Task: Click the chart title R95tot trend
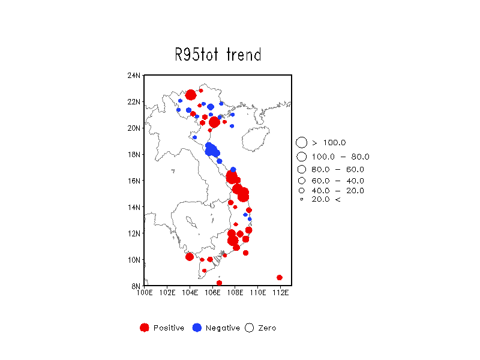pyautogui.click(x=218, y=55)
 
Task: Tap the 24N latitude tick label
pyautogui.click(x=134, y=76)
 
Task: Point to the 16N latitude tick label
pyautogui.click(x=134, y=181)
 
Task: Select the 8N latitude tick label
pyautogui.click(x=136, y=286)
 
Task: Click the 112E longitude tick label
pyautogui.click(x=280, y=293)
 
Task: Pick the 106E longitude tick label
pyautogui.click(x=212, y=293)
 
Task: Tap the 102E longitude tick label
pyautogui.click(x=167, y=293)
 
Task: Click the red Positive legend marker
pyautogui.click(x=145, y=328)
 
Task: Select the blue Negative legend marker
pyautogui.click(x=197, y=328)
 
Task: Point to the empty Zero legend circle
pyautogui.click(x=249, y=323)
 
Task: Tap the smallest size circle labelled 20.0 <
pyautogui.click(x=302, y=199)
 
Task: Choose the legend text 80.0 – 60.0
pyautogui.click(x=338, y=169)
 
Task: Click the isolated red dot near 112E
pyautogui.click(x=280, y=277)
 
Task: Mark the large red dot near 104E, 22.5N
pyautogui.click(x=191, y=95)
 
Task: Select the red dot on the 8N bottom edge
pyautogui.click(x=219, y=283)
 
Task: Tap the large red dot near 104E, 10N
pyautogui.click(x=190, y=257)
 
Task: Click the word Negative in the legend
pyautogui.click(x=223, y=328)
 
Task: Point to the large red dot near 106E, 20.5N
pyautogui.click(x=214, y=122)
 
